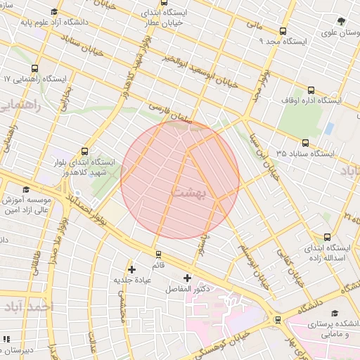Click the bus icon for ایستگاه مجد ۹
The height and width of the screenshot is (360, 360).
tap(283, 31)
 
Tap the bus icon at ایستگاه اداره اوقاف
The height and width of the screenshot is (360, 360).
tap(311, 89)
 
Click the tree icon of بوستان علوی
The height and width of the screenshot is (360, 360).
tap(341, 21)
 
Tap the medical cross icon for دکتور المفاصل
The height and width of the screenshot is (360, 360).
tap(187, 278)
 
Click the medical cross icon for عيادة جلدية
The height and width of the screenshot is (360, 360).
tap(131, 269)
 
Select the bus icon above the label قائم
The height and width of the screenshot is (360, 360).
tap(157, 254)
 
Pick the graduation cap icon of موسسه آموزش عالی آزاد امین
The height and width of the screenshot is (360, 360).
tap(27, 189)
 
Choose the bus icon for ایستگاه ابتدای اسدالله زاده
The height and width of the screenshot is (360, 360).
tap(327, 237)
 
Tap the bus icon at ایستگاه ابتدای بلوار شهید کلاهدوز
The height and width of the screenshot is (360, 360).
tap(85, 150)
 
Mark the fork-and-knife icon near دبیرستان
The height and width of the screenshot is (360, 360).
tap(6, 339)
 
